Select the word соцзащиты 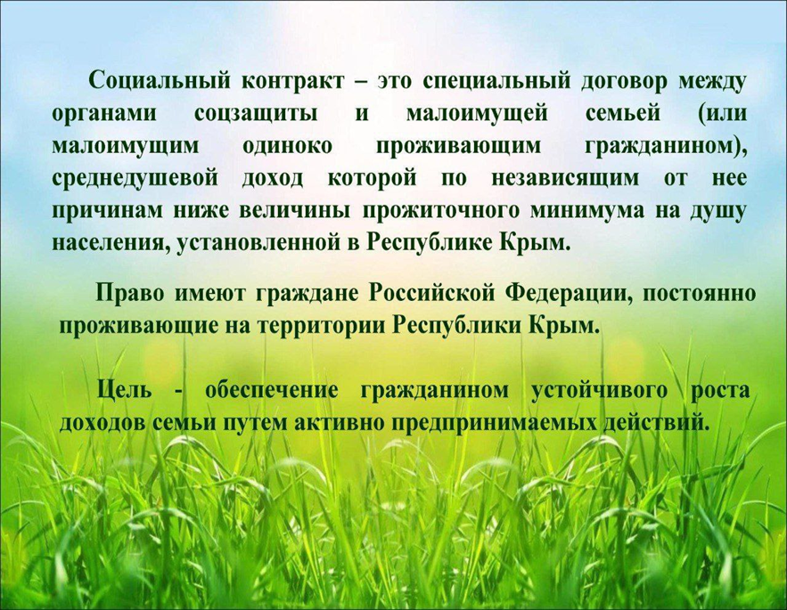(256, 114)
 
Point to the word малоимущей (477, 114)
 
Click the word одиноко (288, 145)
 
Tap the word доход (273, 179)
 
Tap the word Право (131, 292)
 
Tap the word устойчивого (599, 390)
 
